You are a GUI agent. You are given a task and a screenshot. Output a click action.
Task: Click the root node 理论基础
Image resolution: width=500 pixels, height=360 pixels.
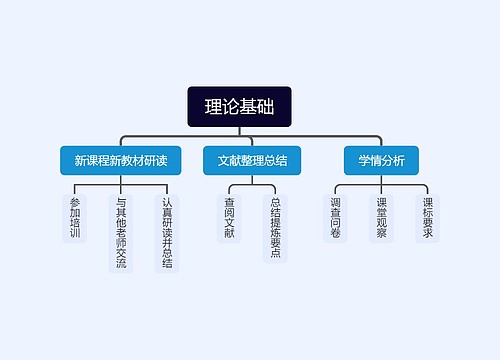(x=239, y=107)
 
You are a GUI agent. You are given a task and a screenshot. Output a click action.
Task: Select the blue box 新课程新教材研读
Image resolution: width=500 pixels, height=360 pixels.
(x=120, y=160)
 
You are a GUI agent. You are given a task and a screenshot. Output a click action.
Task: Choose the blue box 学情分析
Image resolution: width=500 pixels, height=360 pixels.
(x=375, y=160)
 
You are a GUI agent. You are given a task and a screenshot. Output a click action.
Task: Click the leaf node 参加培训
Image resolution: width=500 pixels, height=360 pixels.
(x=75, y=218)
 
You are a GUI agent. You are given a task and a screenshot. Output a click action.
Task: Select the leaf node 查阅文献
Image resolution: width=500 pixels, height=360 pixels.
(x=229, y=218)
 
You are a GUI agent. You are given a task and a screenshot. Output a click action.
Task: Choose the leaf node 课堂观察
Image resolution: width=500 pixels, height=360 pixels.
(x=381, y=218)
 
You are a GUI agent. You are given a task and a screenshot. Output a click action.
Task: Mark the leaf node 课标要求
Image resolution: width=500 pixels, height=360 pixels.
(x=427, y=218)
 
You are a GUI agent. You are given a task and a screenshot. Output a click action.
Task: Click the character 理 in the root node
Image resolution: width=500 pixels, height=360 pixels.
(x=214, y=107)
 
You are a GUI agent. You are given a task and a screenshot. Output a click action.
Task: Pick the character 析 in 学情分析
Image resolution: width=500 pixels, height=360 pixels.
(x=398, y=160)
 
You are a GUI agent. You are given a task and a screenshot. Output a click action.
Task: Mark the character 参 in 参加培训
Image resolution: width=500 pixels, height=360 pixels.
(x=75, y=202)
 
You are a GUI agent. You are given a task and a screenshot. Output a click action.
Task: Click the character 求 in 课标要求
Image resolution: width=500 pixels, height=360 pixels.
(x=427, y=234)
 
